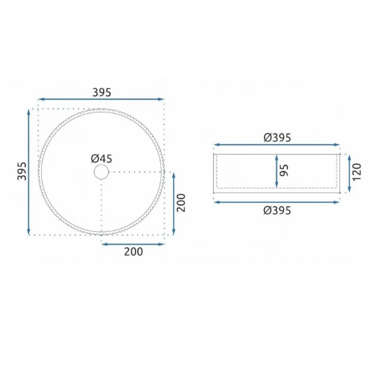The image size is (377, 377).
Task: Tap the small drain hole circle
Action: tap(101, 171)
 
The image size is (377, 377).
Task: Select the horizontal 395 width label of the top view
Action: tap(101, 92)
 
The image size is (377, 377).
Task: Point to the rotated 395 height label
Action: tap(21, 171)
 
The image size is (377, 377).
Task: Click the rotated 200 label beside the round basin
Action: tap(182, 204)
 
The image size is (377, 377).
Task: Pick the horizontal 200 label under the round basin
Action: tap(134, 252)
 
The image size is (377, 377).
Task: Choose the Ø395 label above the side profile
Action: tap(277, 137)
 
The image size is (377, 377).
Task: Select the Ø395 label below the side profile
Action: tap(277, 211)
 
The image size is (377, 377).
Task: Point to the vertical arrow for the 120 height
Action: tap(345, 171)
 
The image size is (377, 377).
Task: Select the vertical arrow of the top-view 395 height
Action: tap(29, 171)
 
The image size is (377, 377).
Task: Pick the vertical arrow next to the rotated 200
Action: tap(173, 204)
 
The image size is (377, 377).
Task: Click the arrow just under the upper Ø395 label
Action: tap(277, 145)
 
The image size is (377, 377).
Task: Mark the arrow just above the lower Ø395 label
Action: tap(277, 202)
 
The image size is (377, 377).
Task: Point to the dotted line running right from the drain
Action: tap(137, 171)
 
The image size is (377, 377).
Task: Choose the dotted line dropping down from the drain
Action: tap(101, 206)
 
